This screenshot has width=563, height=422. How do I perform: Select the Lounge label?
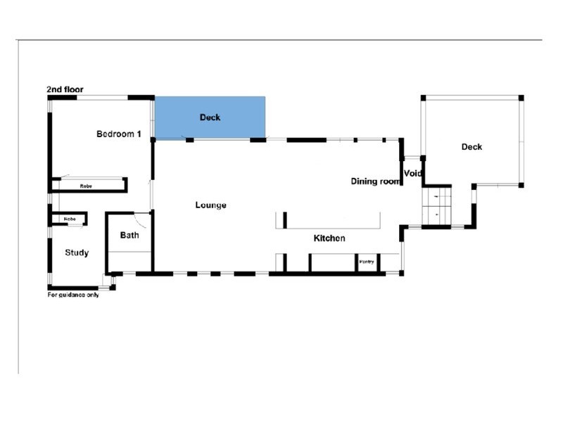tap(211, 205)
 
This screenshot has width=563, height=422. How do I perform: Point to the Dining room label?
tap(375, 181)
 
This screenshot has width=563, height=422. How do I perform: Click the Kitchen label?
tap(329, 238)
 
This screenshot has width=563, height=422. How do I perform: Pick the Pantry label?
tap(367, 262)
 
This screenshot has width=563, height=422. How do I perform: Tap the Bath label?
tap(129, 235)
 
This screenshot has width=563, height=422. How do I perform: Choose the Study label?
tap(77, 252)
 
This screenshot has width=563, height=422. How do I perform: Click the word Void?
tap(412, 173)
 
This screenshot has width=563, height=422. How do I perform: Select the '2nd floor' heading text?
tap(64, 89)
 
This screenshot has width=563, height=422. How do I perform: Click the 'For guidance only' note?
tap(73, 295)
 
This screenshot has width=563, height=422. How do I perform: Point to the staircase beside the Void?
tap(436, 206)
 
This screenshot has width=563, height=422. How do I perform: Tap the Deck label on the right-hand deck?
tap(472, 147)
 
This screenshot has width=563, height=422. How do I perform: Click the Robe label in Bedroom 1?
tap(86, 186)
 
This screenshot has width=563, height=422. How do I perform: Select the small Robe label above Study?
tap(69, 219)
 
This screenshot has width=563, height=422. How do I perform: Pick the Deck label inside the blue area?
tap(210, 117)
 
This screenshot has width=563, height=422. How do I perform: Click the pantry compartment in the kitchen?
tap(367, 262)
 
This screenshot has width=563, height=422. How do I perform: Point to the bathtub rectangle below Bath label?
tap(129, 261)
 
